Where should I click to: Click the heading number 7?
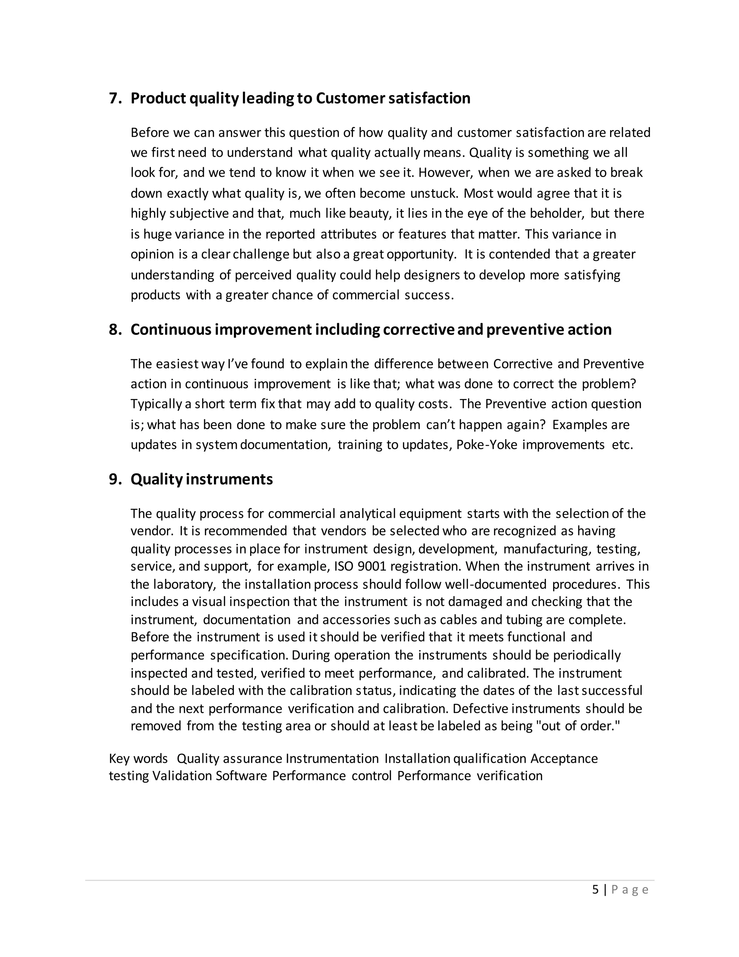click(x=115, y=98)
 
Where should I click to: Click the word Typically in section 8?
click(x=156, y=404)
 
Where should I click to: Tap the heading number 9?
click(x=115, y=479)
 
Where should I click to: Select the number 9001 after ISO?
click(x=372, y=566)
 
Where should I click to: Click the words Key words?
click(x=138, y=758)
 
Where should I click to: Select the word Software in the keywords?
click(x=241, y=776)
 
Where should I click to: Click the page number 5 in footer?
click(x=595, y=889)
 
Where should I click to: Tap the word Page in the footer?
click(x=630, y=890)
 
